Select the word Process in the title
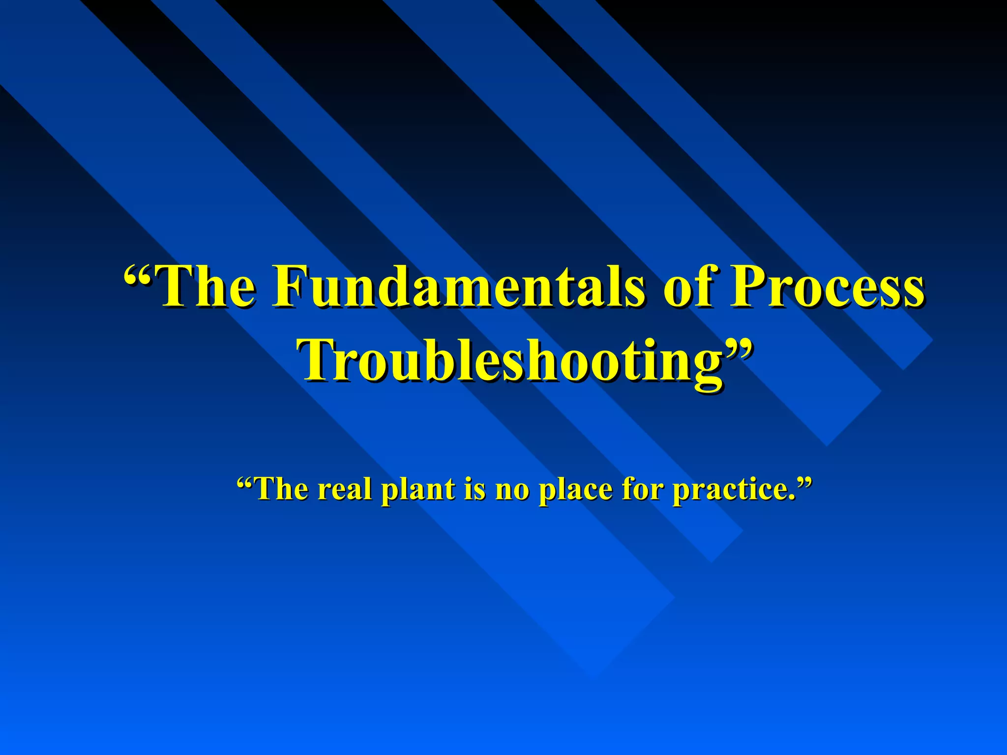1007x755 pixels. (826, 286)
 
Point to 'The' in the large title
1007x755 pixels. (207, 286)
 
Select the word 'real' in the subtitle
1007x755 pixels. (344, 490)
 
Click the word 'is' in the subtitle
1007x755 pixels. (474, 490)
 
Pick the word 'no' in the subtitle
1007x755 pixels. (512, 490)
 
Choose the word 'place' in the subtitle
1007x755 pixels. (575, 490)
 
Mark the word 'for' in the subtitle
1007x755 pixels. (644, 490)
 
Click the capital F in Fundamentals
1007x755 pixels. (290, 286)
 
